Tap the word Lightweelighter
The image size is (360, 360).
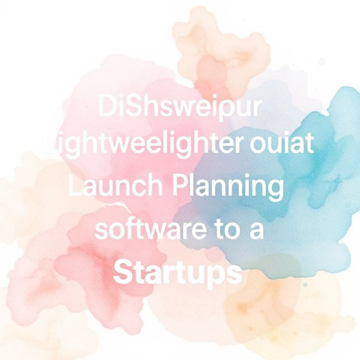141,148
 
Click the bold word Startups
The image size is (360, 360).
178,274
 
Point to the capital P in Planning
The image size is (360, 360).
180,187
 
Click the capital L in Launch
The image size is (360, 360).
74,187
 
